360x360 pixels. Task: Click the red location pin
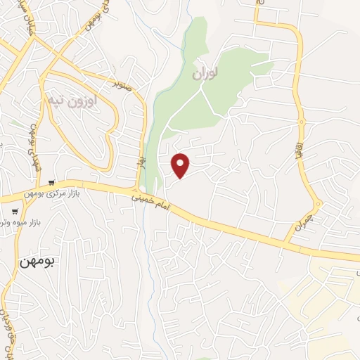tap(181, 165)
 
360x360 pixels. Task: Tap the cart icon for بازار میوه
tap(14, 210)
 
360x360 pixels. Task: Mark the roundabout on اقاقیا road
tap(301, 122)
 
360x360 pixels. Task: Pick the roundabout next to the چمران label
tap(318, 206)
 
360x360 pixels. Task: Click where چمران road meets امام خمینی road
tap(287, 243)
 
